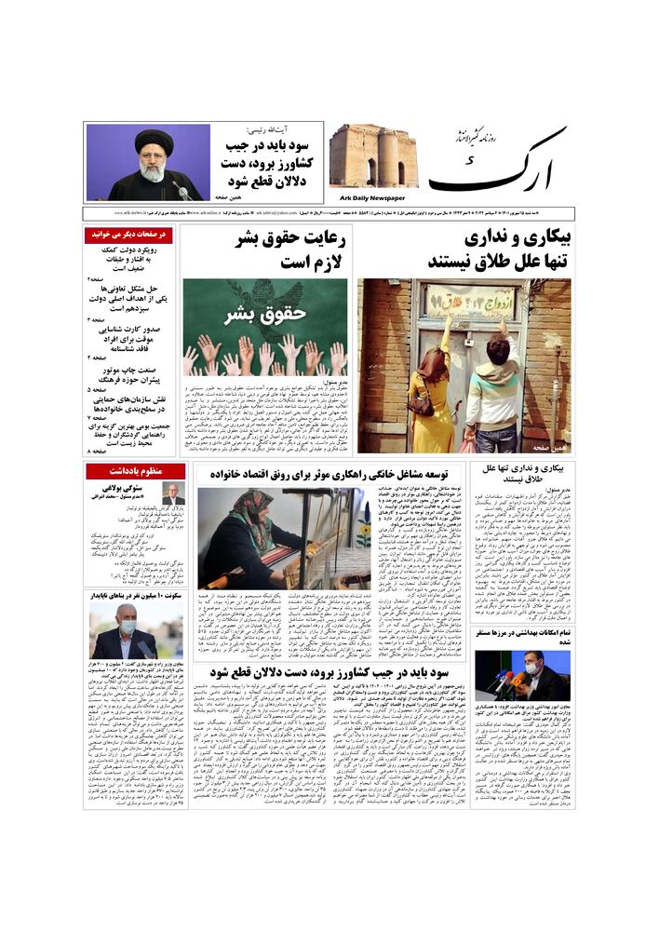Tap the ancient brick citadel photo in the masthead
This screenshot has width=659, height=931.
[372, 156]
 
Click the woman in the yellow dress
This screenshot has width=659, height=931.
[436, 391]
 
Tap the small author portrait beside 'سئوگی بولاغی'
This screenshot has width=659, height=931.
[173, 493]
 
